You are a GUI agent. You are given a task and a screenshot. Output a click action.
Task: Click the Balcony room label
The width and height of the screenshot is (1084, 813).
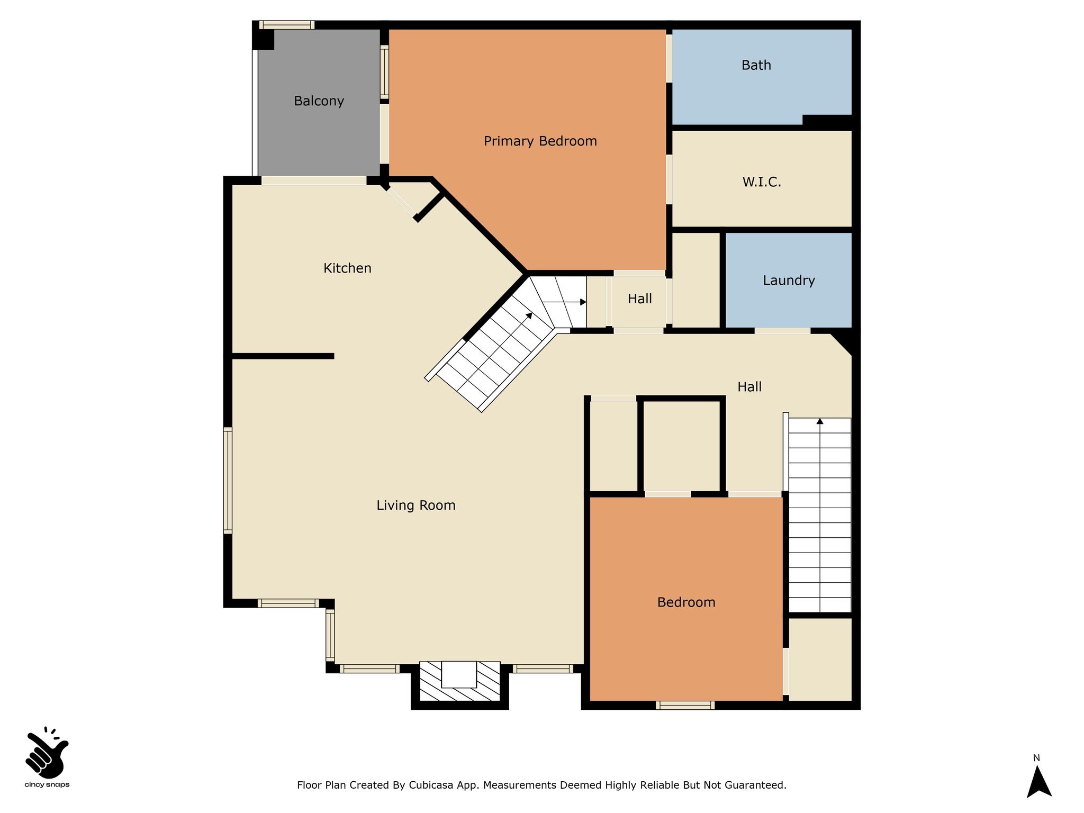pyautogui.click(x=319, y=101)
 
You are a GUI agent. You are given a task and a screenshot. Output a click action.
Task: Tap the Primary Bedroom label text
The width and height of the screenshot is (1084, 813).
pyautogui.click(x=540, y=141)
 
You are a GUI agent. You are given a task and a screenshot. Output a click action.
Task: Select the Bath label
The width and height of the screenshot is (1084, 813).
pyautogui.click(x=756, y=65)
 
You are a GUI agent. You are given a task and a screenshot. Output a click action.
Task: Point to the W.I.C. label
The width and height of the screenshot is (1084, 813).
pyautogui.click(x=762, y=182)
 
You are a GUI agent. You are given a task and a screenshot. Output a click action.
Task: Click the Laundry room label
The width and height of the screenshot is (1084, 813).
pyautogui.click(x=789, y=281)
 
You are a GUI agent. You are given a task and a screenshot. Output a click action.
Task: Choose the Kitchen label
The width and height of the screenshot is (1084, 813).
pyautogui.click(x=347, y=268)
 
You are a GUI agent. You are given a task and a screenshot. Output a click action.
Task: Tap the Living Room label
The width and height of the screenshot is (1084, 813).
pyautogui.click(x=416, y=505)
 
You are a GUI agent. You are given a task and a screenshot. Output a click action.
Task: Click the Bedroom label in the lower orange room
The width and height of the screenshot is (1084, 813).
pyautogui.click(x=686, y=602)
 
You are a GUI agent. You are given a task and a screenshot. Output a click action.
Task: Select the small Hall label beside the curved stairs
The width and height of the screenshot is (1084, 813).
pyautogui.click(x=639, y=299)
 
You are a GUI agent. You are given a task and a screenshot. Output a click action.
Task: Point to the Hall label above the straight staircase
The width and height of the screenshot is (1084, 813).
pyautogui.click(x=749, y=387)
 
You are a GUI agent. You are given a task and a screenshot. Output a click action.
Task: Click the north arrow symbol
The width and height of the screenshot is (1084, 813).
pyautogui.click(x=1038, y=782)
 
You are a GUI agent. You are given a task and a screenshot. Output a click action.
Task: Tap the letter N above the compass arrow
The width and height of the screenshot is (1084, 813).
pyautogui.click(x=1036, y=758)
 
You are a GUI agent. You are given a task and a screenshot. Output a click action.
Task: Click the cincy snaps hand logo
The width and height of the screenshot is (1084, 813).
pyautogui.click(x=47, y=753)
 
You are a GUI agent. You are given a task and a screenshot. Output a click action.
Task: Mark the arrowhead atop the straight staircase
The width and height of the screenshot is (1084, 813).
pyautogui.click(x=820, y=421)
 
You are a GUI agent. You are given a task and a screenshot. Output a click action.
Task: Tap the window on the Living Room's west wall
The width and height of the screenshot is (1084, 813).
pyautogui.click(x=228, y=480)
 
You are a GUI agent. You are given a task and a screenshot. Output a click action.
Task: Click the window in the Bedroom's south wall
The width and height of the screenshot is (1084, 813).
pyautogui.click(x=685, y=705)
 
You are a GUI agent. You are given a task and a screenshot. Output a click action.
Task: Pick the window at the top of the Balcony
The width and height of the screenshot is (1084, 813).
pyautogui.click(x=287, y=25)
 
